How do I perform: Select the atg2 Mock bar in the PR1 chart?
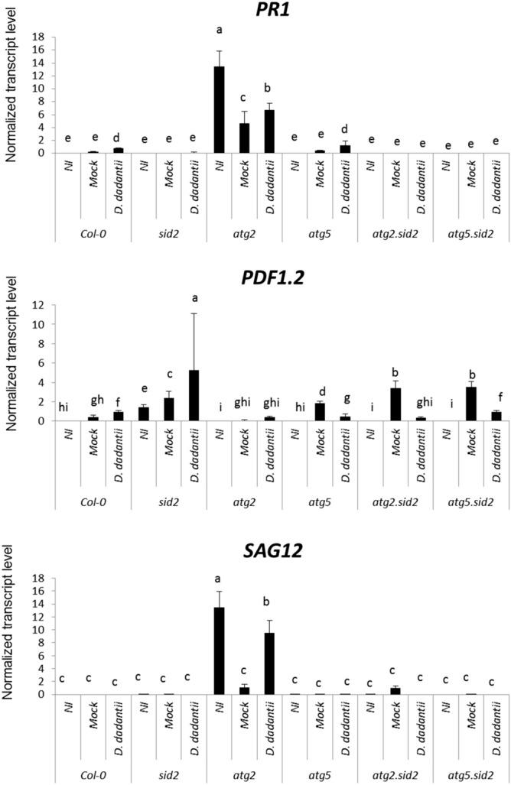pos(244,138)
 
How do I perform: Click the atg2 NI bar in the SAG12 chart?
pos(220,650)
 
